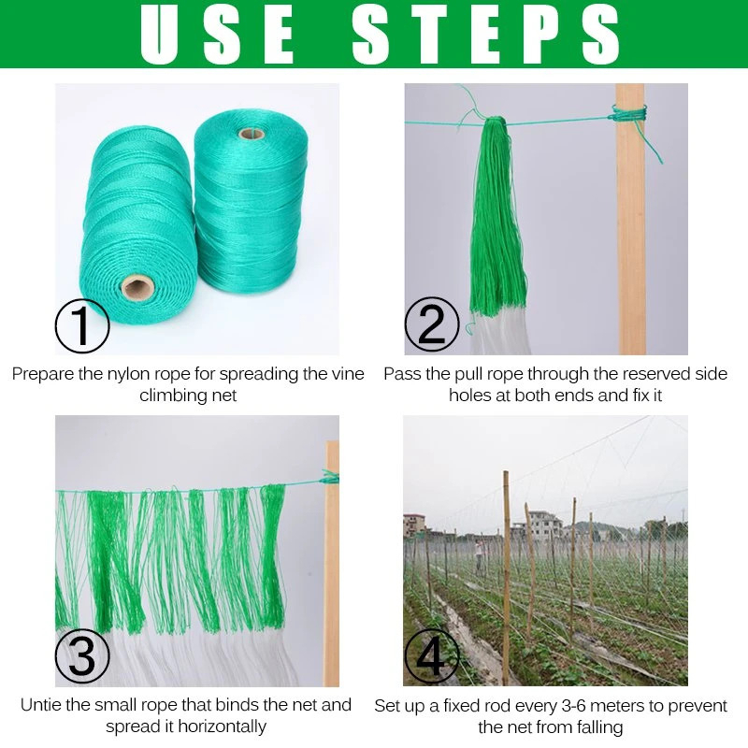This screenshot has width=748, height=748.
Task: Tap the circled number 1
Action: [x=82, y=324]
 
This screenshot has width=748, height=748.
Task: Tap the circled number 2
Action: [x=431, y=324]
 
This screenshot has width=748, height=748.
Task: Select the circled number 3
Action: [x=82, y=656]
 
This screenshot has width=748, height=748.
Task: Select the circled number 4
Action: [x=431, y=656]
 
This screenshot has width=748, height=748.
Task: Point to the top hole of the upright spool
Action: [x=250, y=133]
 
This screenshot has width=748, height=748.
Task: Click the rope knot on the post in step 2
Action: [x=630, y=116]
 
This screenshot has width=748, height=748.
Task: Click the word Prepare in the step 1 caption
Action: [x=43, y=374]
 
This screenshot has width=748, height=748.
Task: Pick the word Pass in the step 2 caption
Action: [x=402, y=374]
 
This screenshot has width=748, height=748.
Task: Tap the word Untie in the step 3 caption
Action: [x=41, y=706]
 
